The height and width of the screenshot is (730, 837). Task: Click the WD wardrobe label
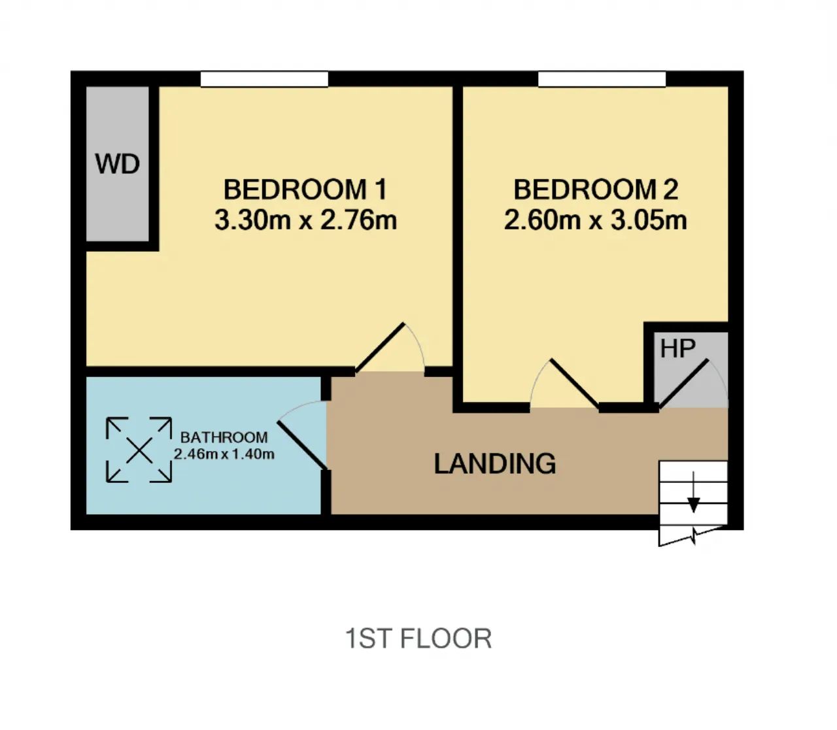[x=118, y=164]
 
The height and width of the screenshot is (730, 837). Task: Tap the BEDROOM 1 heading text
[x=305, y=190]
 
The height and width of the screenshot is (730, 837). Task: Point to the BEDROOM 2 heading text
[x=596, y=190]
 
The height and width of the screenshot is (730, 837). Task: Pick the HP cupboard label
[x=678, y=348]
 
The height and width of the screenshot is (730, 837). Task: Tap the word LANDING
[x=494, y=463]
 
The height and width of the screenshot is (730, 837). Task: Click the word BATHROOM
[x=224, y=437]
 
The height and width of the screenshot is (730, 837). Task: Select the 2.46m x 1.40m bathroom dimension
[x=224, y=454]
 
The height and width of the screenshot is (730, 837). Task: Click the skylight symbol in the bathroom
[x=139, y=450]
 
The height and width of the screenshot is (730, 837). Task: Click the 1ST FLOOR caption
[x=418, y=639]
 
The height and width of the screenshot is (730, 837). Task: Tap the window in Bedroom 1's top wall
[x=264, y=79]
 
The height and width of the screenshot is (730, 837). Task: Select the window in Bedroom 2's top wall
[x=602, y=79]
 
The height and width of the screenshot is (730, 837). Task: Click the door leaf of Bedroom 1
[x=380, y=348]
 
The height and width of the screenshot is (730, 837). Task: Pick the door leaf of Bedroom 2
[x=575, y=384]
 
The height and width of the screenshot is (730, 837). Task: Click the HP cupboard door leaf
[x=683, y=384]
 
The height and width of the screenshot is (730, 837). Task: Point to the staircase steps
[x=693, y=503]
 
